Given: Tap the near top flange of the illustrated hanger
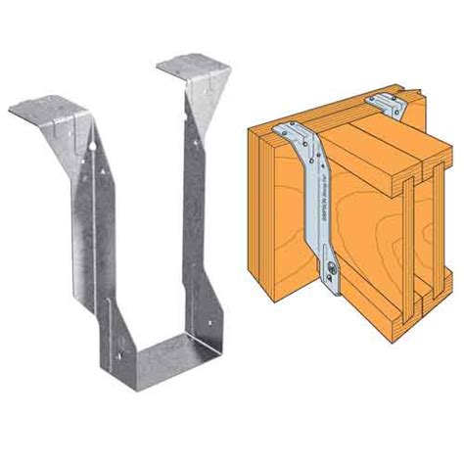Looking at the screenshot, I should pyautogui.click(x=286, y=129).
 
